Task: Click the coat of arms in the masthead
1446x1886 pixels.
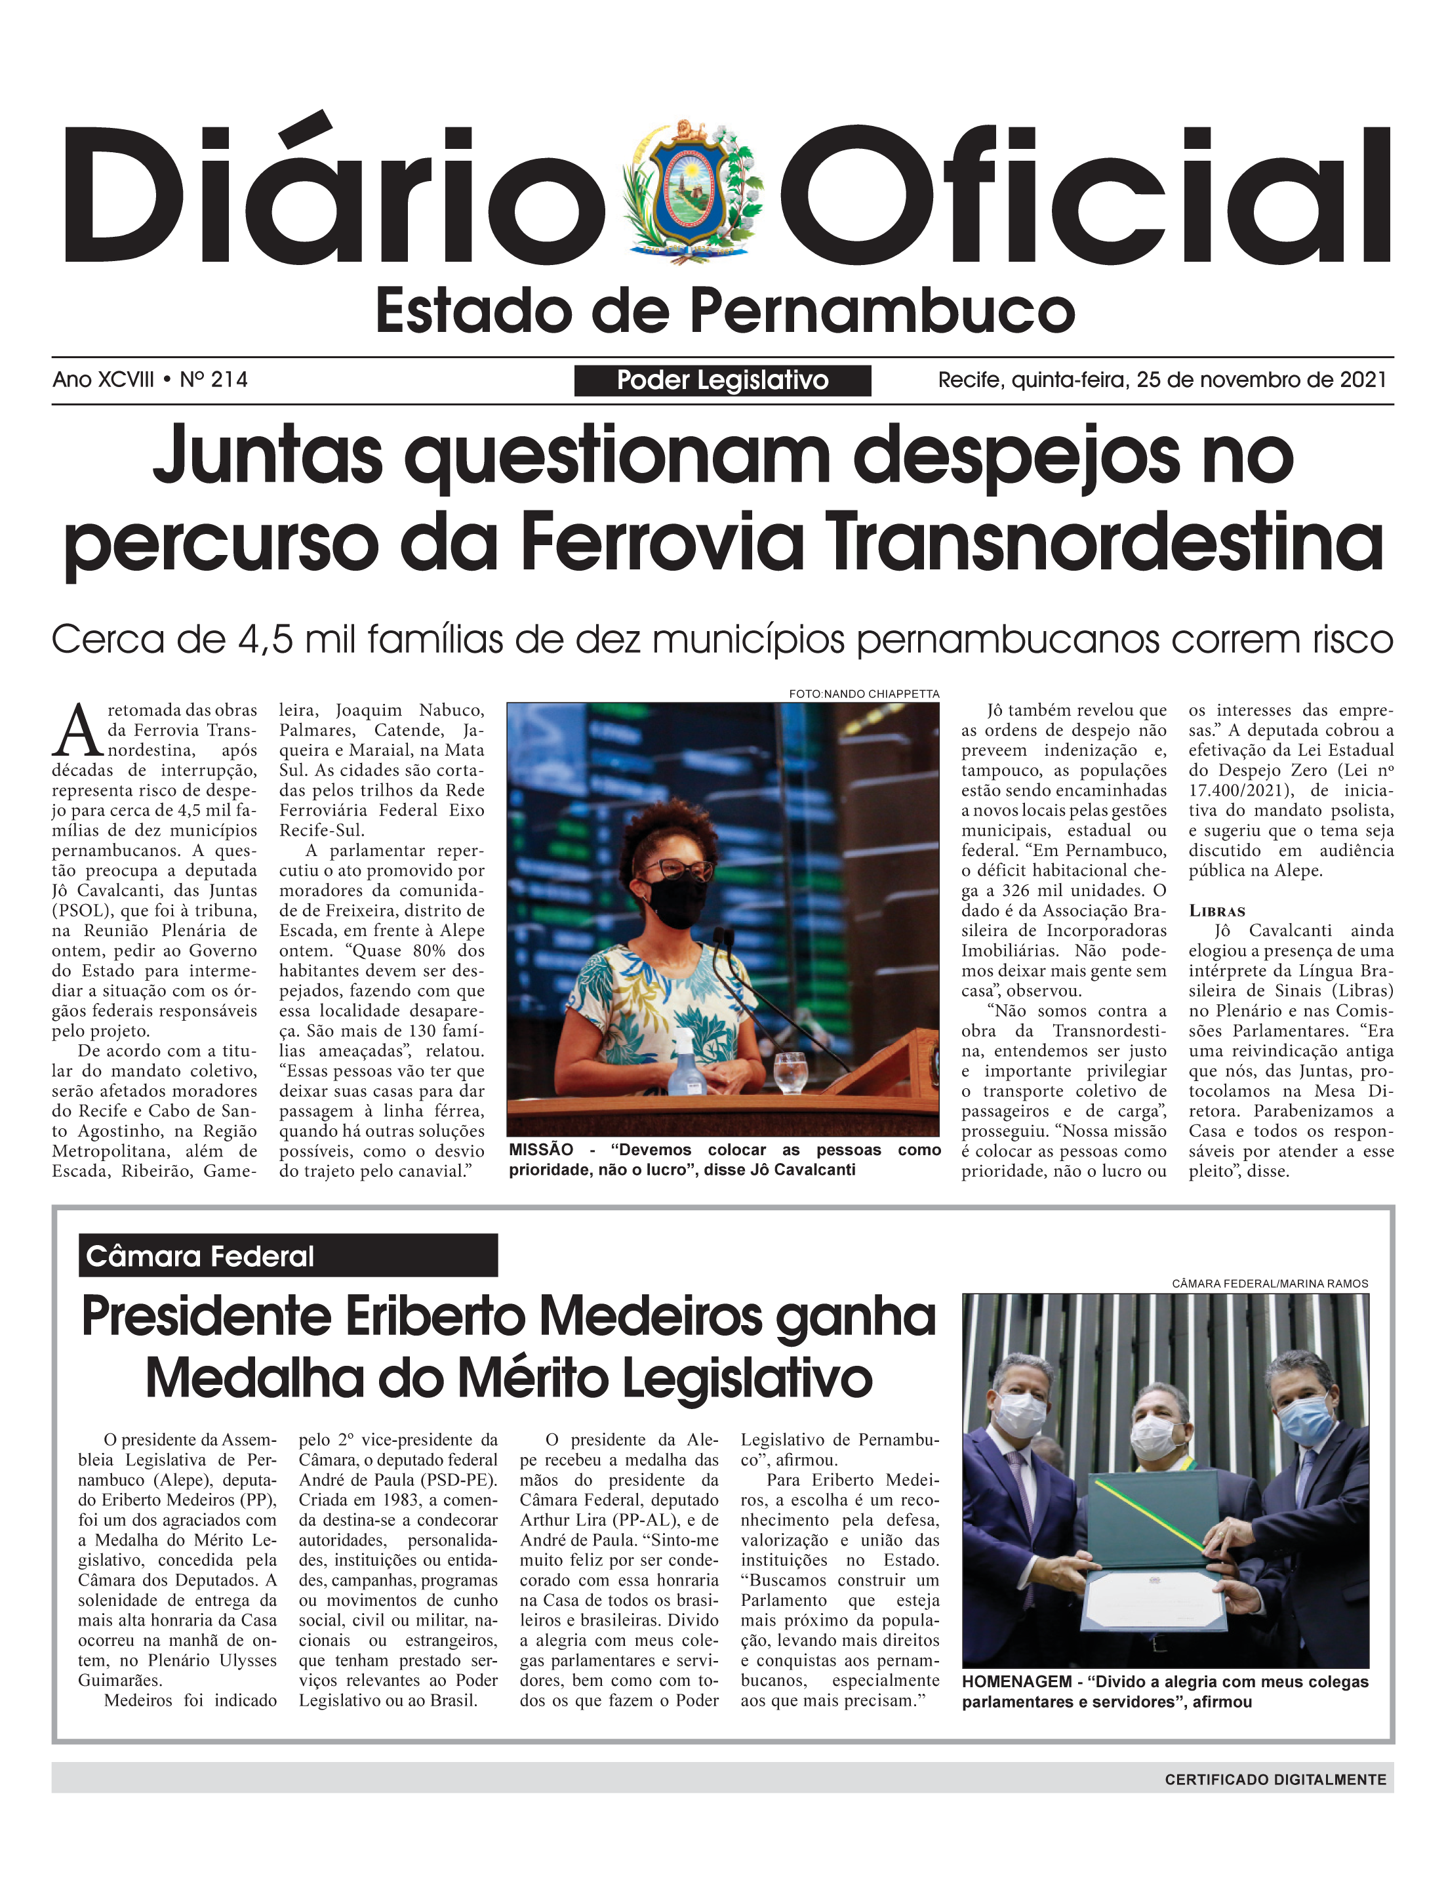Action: click(693, 191)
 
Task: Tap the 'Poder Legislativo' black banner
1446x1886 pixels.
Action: click(722, 380)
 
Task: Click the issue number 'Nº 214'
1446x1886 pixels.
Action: click(214, 380)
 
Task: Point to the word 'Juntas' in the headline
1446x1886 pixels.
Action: click(268, 455)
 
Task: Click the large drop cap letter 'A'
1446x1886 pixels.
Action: click(77, 731)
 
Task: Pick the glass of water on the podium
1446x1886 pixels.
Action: click(790, 1072)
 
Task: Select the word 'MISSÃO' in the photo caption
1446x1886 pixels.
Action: click(540, 1150)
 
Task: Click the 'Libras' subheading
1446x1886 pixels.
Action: click(1216, 911)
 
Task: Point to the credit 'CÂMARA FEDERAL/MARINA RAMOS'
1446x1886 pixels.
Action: click(1269, 1283)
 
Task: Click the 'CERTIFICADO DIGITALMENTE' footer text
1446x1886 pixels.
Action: click(1275, 1779)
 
